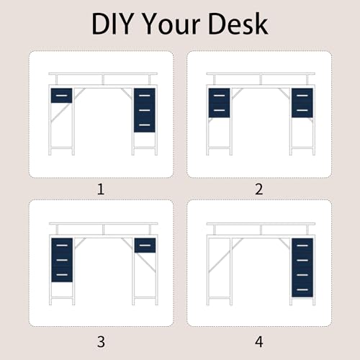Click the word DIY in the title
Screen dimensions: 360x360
(x=112, y=24)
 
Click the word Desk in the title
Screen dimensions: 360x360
(x=238, y=24)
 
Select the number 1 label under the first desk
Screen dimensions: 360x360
(x=101, y=189)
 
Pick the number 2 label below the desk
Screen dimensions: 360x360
(x=259, y=189)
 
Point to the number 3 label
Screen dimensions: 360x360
(x=101, y=342)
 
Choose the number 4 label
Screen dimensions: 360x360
(x=259, y=342)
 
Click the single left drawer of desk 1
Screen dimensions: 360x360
(x=61, y=96)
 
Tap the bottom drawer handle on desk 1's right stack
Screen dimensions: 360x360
(x=145, y=125)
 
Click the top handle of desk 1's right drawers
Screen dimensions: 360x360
(x=145, y=96)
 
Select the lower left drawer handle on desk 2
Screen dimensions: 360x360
(x=219, y=110)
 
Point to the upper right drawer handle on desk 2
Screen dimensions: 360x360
(x=302, y=96)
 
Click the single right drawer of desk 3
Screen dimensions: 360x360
(x=145, y=246)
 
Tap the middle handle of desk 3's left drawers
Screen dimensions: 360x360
(x=62, y=260)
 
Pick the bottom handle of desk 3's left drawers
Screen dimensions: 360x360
(x=62, y=275)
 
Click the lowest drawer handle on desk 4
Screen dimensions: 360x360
(x=302, y=289)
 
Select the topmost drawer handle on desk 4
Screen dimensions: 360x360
(x=302, y=246)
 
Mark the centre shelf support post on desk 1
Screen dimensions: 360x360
(x=103, y=80)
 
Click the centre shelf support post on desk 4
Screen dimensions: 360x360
(x=261, y=230)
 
